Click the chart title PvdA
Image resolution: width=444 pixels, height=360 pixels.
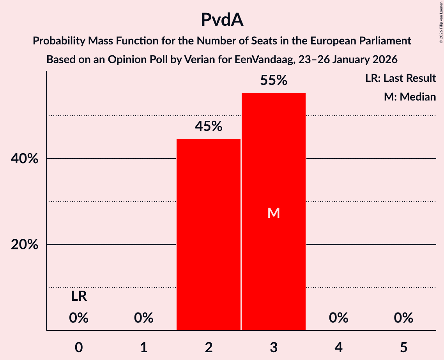(x=222, y=20)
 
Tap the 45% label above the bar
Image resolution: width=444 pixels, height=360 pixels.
(x=209, y=126)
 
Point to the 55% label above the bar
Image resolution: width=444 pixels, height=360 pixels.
(x=274, y=80)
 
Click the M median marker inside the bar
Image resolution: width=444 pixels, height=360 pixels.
(x=274, y=213)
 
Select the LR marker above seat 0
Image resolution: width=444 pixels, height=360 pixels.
(x=79, y=296)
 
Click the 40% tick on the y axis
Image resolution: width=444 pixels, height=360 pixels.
(x=24, y=159)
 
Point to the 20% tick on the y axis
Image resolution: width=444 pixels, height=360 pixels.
(x=24, y=245)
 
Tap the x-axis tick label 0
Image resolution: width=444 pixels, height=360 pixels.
(x=79, y=347)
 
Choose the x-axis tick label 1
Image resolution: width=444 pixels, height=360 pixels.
(x=144, y=347)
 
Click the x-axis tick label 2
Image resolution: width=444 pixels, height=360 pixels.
(x=209, y=347)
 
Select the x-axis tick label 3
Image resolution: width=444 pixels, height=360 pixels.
(x=274, y=347)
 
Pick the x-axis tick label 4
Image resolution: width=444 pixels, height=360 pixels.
(x=338, y=347)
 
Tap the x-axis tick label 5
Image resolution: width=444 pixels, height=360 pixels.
(x=403, y=347)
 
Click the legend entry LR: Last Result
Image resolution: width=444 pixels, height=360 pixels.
(x=400, y=78)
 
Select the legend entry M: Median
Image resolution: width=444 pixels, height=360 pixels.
(x=410, y=97)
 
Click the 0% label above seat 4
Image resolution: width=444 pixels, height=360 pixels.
(x=338, y=318)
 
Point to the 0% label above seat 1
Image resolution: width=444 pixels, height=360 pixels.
(x=144, y=318)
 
